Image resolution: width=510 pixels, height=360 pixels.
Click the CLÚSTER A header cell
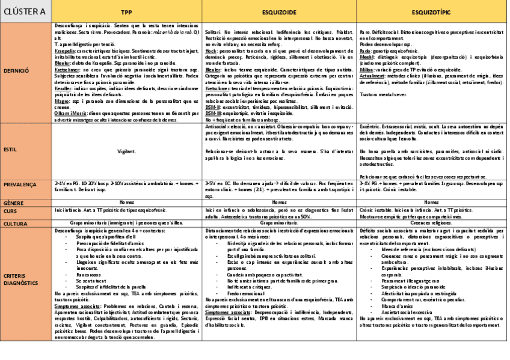[25, 11]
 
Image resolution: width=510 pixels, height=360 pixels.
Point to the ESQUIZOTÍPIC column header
[431, 11]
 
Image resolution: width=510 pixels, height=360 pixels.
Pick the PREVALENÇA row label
[20, 185]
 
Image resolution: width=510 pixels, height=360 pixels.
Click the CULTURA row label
[16, 223]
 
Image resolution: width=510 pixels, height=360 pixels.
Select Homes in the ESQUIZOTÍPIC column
[431, 203]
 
